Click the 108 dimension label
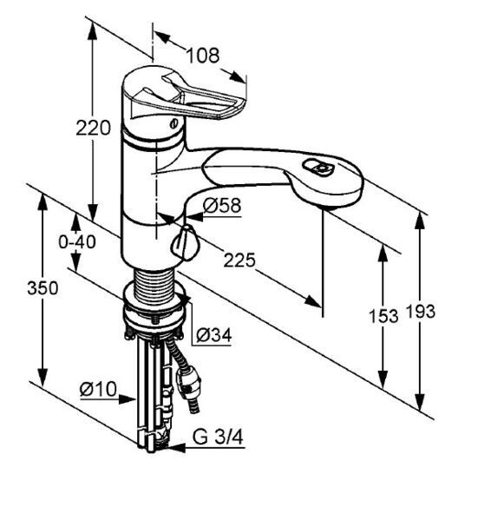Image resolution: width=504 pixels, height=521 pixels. click(203, 56)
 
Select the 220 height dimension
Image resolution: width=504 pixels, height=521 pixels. click(93, 128)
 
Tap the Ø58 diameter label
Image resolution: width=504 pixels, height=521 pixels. click(222, 205)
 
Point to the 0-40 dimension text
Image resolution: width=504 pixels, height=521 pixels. click(77, 241)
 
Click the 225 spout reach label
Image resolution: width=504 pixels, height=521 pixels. click(239, 260)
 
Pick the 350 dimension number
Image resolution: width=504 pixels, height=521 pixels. click(43, 287)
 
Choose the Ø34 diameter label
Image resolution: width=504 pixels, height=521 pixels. click(213, 334)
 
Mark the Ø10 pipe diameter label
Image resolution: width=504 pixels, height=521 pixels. click(98, 388)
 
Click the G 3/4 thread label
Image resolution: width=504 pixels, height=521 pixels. click(218, 437)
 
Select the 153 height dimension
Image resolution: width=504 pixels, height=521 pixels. click(383, 316)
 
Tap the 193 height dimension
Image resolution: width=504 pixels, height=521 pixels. click(421, 312)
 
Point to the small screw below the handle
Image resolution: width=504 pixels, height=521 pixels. click(173, 124)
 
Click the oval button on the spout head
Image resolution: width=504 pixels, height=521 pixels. click(317, 167)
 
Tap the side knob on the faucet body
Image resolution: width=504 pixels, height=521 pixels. click(185, 242)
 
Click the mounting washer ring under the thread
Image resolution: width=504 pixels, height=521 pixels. click(154, 313)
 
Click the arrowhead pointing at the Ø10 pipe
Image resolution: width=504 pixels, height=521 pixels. click(128, 399)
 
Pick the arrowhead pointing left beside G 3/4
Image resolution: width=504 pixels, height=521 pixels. click(176, 448)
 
